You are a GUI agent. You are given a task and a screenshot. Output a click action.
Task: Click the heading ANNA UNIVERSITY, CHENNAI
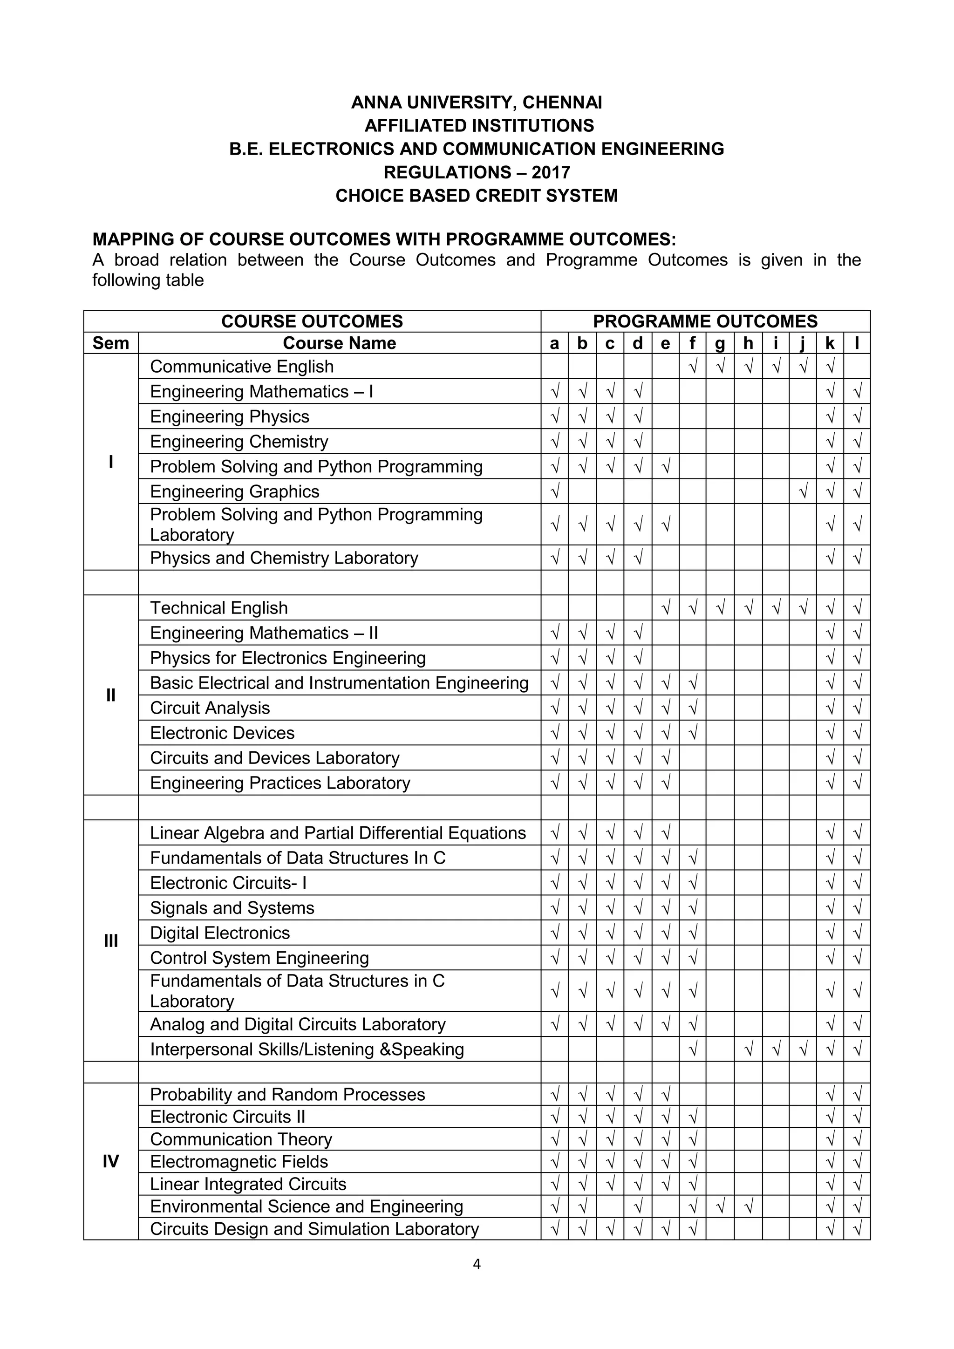(x=477, y=103)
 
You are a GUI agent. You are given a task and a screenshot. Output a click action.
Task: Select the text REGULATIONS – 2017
(x=477, y=172)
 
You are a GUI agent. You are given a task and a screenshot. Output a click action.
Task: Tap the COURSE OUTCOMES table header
(x=312, y=321)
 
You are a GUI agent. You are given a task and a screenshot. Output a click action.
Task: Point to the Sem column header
(x=110, y=343)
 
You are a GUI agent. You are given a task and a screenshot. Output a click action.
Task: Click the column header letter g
(x=720, y=344)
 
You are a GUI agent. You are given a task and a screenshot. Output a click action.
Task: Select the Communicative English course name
(x=241, y=367)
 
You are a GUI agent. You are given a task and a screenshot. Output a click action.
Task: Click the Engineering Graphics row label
(x=234, y=491)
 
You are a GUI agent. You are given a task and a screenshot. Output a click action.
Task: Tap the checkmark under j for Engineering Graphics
(x=803, y=491)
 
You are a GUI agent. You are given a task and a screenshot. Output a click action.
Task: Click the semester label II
(x=110, y=695)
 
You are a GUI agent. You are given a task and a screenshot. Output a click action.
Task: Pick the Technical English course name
(x=218, y=608)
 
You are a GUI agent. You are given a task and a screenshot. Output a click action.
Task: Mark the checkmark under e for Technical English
(x=666, y=608)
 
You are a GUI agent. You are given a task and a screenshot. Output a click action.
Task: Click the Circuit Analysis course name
(x=210, y=708)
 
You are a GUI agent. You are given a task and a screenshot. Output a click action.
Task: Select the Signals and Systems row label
(x=232, y=908)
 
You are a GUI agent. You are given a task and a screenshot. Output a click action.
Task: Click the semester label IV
(x=110, y=1162)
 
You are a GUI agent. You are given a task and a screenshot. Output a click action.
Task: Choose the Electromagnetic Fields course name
(x=238, y=1162)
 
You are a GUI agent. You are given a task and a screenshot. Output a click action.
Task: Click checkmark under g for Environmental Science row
(x=720, y=1207)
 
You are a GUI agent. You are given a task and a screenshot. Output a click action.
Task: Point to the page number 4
(x=477, y=1264)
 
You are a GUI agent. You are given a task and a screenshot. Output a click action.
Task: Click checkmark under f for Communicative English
(x=693, y=367)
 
